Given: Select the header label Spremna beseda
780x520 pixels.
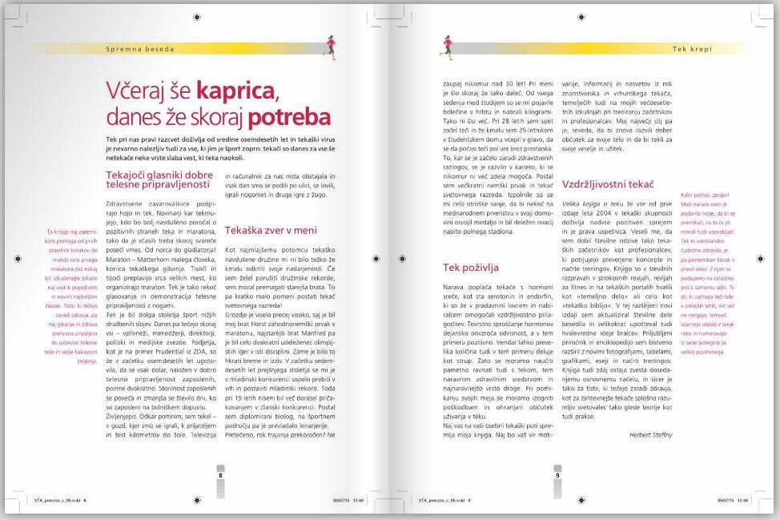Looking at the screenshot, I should click(x=139, y=49).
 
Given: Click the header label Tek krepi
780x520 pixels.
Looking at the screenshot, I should click(x=692, y=49).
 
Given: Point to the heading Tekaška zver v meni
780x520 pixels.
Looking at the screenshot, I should click(x=266, y=230).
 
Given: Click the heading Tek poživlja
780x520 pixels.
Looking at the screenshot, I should click(x=472, y=267).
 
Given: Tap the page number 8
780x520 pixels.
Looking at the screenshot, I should click(x=220, y=474).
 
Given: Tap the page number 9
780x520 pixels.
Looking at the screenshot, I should click(x=557, y=474).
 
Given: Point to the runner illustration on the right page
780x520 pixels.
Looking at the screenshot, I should click(x=445, y=47).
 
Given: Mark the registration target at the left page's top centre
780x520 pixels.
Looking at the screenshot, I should click(x=197, y=17).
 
